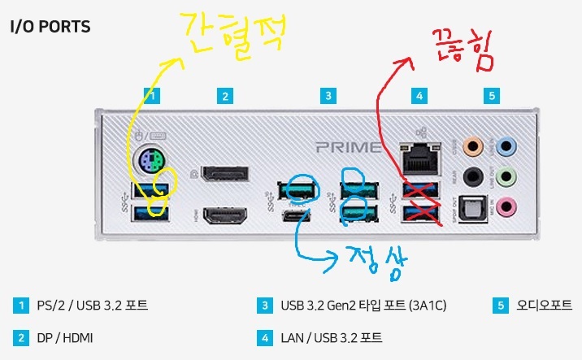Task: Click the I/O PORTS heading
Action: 50,26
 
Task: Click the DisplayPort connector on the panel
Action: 225,173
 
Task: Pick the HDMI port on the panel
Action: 225,215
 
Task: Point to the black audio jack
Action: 471,176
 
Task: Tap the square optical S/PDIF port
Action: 471,206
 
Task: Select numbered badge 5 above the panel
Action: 491,96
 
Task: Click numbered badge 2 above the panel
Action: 225,96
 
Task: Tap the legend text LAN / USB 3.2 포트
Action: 332,336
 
